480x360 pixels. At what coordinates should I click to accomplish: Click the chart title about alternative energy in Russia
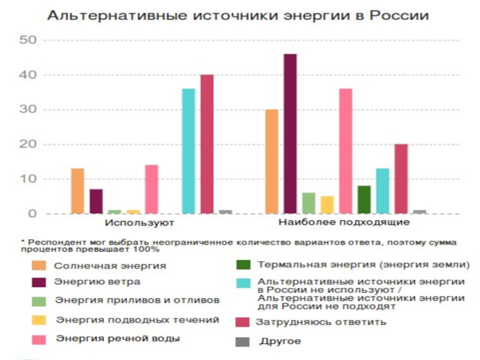[x=238, y=16]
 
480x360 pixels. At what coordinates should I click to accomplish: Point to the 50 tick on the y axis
[x=28, y=40]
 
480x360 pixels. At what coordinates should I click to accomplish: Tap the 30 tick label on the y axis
[x=28, y=110]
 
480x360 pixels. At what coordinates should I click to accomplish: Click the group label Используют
[x=139, y=223]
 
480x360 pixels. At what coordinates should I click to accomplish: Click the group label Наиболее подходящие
[x=344, y=223]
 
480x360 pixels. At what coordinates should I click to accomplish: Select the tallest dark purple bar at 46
[x=290, y=133]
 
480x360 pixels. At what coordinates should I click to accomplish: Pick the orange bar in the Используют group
[x=77, y=191]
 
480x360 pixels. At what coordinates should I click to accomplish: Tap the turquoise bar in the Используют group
[x=188, y=151]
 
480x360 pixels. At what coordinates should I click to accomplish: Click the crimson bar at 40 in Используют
[x=207, y=144]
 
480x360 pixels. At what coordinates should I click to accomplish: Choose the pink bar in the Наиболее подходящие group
[x=345, y=151]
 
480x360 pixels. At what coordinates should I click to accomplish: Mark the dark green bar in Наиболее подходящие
[x=364, y=200]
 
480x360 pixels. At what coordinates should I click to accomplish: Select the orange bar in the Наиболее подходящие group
[x=271, y=161]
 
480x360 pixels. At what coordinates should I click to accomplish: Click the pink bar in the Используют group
[x=151, y=189]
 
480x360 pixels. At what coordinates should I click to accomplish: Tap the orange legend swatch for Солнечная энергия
[x=39, y=265]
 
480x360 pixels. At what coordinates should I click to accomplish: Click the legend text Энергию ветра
[x=98, y=281]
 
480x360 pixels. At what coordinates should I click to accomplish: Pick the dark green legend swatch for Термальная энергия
[x=242, y=265]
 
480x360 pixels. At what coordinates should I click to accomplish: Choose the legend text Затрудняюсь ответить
[x=321, y=322]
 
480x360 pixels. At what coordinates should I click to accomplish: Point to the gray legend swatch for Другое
[x=242, y=341]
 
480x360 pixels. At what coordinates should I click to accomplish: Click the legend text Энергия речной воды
[x=117, y=338]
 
